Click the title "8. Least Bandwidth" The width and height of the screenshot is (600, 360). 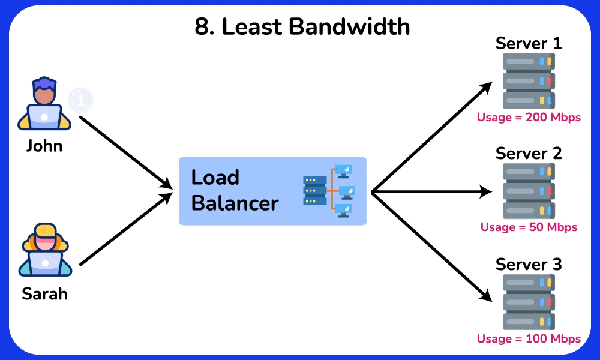tap(302, 27)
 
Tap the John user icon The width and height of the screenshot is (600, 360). tap(44, 104)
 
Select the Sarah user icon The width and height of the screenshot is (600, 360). tap(44, 251)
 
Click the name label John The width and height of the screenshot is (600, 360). tap(44, 146)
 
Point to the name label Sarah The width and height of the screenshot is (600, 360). tap(44, 294)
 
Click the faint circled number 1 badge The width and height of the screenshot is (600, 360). tap(80, 99)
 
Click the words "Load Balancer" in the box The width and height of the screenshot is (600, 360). tap(234, 190)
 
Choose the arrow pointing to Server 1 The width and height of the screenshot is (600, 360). tap(432, 138)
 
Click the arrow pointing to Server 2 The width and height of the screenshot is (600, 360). tap(432, 192)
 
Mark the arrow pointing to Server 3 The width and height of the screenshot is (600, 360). tap(432, 246)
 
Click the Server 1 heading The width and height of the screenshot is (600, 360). tap(529, 43)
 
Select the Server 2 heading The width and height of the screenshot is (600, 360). tap(529, 154)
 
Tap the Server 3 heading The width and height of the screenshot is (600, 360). tap(529, 265)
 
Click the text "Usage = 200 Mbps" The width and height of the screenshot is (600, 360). tap(529, 118)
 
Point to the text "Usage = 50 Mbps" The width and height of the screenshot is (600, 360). tap(529, 227)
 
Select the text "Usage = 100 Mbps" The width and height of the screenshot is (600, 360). tap(529, 339)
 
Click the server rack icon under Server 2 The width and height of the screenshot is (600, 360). tap(529, 190)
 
